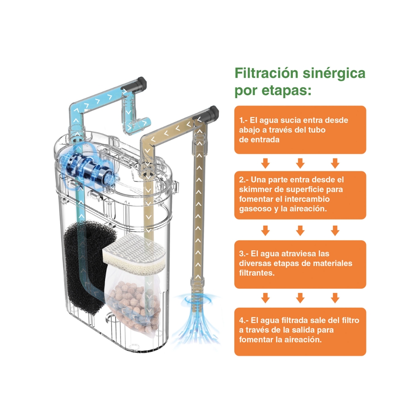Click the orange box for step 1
point(300,130)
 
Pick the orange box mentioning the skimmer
point(300,195)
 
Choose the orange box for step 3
point(300,264)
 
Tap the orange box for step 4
point(300,331)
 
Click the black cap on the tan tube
point(213,113)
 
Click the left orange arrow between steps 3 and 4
point(265,298)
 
